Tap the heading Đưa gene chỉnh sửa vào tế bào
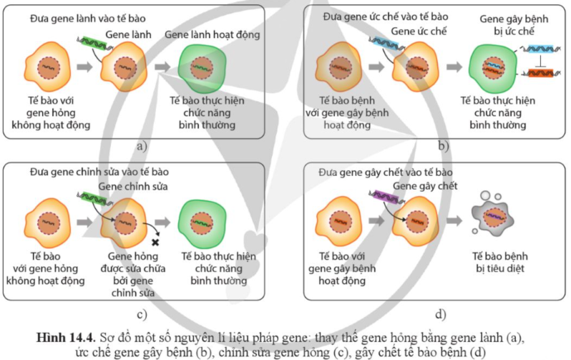[x=99, y=172]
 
